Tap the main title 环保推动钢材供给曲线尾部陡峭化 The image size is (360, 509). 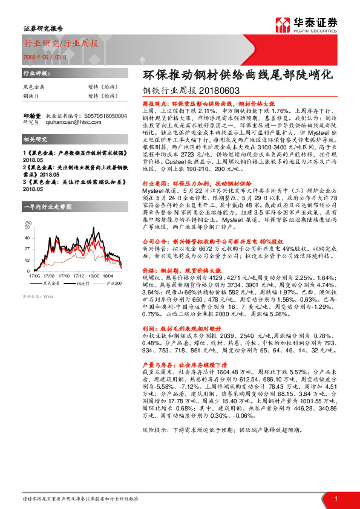point(237,77)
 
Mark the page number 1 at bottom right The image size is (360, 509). point(335,498)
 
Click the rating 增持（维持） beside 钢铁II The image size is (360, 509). point(101,96)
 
